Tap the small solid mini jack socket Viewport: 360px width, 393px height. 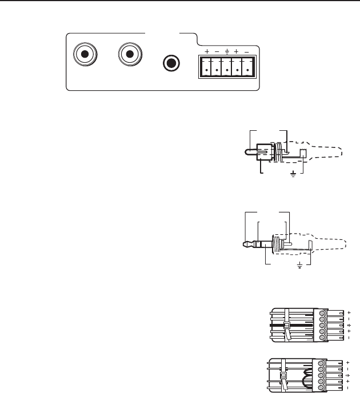171,62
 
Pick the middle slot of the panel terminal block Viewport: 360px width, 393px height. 227,67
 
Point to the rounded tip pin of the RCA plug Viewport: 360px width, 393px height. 248,153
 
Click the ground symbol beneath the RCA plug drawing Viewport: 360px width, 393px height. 294,173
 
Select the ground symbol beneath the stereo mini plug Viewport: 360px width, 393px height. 300,265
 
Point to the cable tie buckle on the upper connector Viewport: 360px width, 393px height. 289,326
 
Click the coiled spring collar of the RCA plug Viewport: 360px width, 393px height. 274,153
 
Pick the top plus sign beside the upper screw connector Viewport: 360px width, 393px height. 349,312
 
